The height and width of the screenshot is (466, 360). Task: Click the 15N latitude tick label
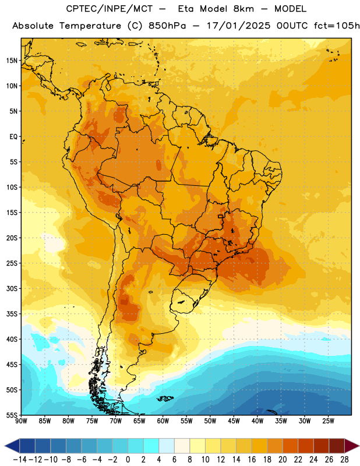(12, 61)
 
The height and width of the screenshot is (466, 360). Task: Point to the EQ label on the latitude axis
(13, 137)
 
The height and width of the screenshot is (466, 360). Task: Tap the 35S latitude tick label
(12, 314)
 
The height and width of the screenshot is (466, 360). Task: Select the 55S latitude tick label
(12, 415)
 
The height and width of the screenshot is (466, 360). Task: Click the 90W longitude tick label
(21, 421)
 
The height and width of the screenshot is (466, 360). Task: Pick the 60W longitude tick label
(163, 421)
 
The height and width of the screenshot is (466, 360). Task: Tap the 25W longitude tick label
(328, 421)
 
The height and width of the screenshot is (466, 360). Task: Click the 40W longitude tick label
(257, 421)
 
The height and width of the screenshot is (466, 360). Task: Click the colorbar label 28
(344, 460)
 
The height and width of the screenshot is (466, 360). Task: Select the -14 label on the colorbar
(20, 460)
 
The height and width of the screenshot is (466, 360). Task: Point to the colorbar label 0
(128, 460)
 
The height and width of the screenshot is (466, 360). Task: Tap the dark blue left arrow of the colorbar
(12, 446)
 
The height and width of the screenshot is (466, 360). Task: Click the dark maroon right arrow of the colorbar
(352, 446)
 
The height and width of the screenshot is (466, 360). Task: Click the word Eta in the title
(186, 9)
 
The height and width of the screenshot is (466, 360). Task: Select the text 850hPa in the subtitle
(167, 26)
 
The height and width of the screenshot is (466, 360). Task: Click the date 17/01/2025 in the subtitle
(238, 26)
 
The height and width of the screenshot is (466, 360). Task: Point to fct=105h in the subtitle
(337, 26)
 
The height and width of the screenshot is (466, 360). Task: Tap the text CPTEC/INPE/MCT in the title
(110, 9)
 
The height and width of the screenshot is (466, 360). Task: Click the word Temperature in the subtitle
(90, 26)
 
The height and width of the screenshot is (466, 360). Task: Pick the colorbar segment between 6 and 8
(182, 446)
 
